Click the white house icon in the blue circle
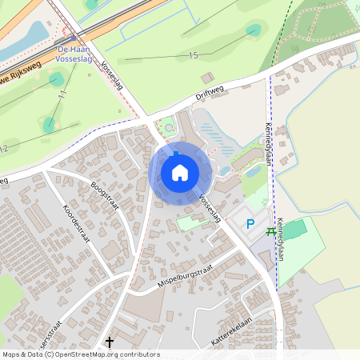[x=179, y=172]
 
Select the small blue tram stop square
[x=74, y=38]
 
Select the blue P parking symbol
[x=250, y=224]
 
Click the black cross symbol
[x=110, y=342]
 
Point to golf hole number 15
[x=193, y=55]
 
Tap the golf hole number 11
[x=62, y=94]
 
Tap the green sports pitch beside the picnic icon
[x=294, y=230]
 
